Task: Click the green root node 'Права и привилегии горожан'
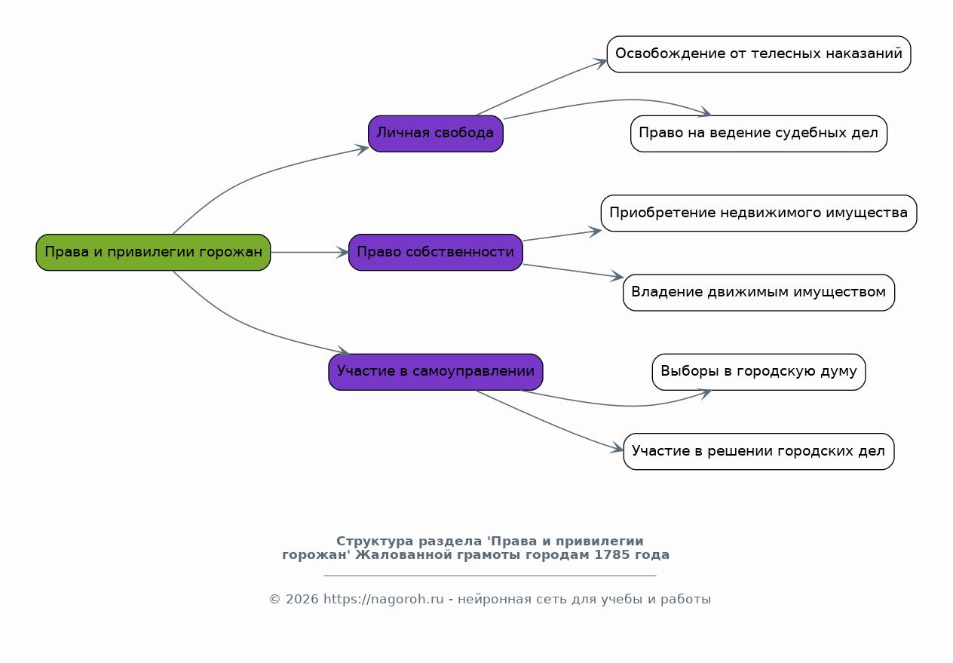tap(153, 253)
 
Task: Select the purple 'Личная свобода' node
tap(436, 134)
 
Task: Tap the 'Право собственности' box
tap(436, 253)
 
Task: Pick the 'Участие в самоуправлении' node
tap(436, 372)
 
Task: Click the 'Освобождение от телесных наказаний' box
tap(758, 54)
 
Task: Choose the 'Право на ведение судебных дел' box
tap(758, 134)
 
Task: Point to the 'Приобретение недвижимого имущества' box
tap(758, 213)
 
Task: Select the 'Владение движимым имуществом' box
tap(758, 293)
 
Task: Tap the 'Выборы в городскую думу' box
tap(758, 372)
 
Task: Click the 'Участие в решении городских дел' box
tap(758, 452)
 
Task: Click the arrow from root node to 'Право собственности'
tap(310, 253)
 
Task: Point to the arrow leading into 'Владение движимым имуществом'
tap(573, 271)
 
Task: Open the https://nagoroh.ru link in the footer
tap(383, 599)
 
